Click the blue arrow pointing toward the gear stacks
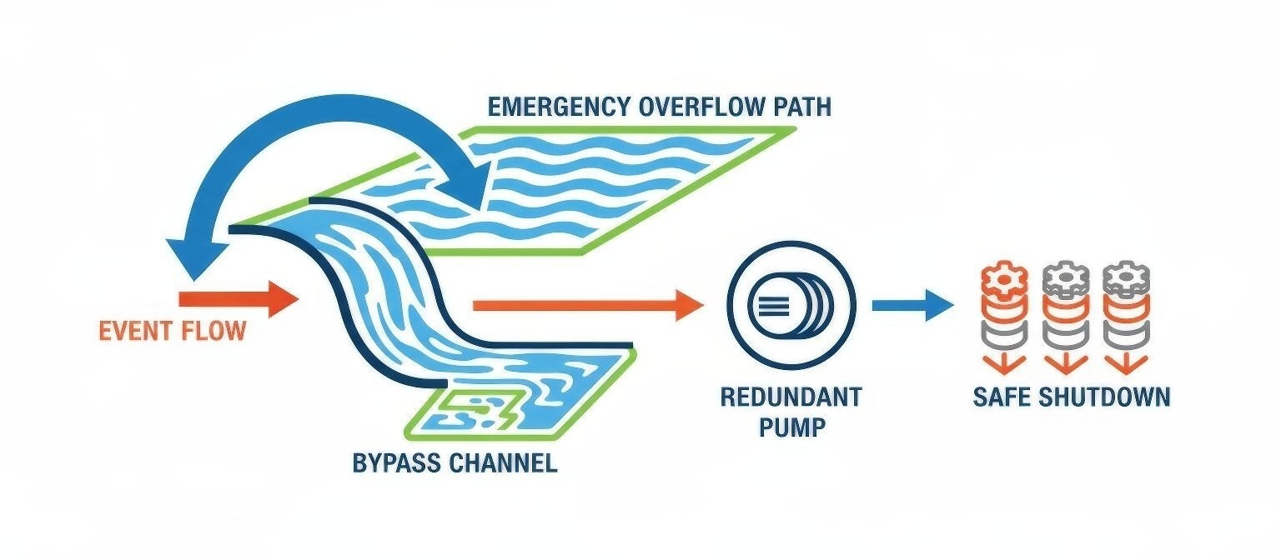click(x=912, y=305)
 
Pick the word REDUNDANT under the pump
click(x=791, y=396)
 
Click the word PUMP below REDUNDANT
click(x=791, y=427)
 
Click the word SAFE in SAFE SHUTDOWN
click(x=1002, y=396)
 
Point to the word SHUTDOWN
click(x=1104, y=396)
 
